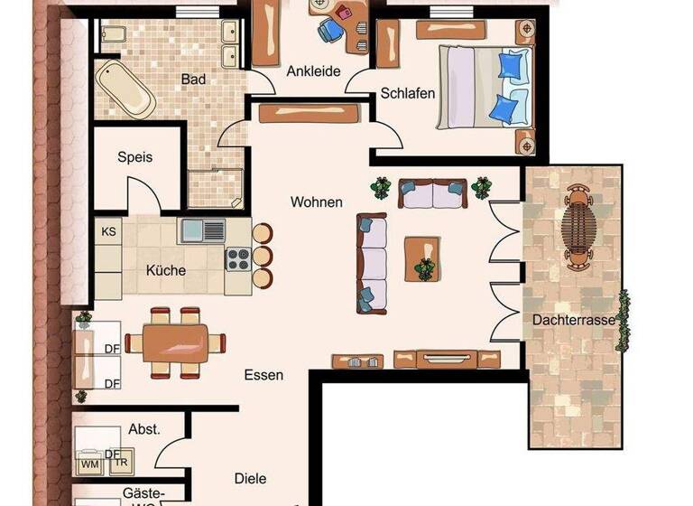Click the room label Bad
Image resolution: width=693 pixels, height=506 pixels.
coord(193,80)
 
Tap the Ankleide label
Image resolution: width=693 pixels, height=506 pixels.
coord(314,71)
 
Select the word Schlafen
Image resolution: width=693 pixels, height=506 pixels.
coord(408,93)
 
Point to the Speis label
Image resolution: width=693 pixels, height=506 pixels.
coord(135,156)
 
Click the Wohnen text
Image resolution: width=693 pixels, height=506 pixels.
coord(316,201)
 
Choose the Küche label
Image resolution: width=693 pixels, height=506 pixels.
coord(166,270)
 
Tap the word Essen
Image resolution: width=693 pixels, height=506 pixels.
coord(263,374)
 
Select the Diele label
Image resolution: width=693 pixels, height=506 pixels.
coord(250,478)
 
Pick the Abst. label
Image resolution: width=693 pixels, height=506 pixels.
coord(144,429)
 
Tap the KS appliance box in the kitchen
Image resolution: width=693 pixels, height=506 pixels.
coord(108,231)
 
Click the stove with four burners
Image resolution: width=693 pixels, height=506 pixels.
coord(237,259)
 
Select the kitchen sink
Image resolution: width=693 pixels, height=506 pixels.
coord(202,230)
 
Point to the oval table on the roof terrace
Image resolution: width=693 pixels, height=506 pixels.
coord(577,223)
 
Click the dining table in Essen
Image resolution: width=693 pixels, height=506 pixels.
coord(175,342)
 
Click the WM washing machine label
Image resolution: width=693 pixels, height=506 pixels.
coord(90,464)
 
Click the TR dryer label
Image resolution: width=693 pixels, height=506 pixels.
coord(120,464)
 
